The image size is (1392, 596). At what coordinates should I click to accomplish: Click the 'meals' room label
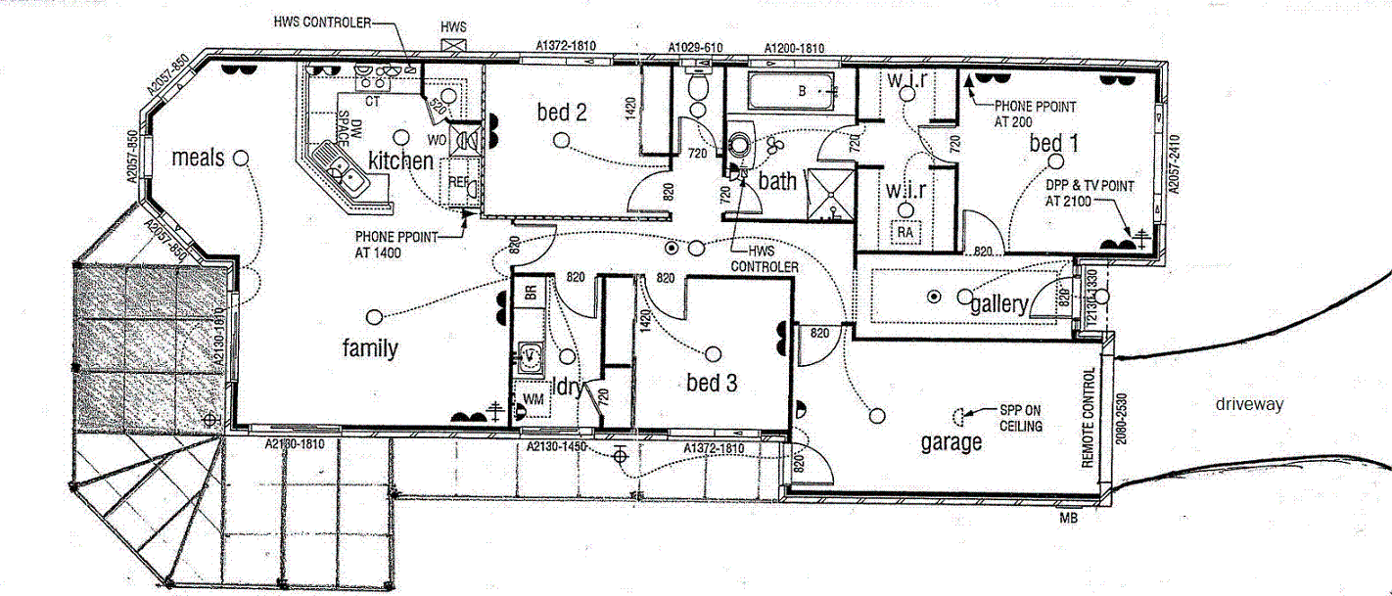[x=198, y=158]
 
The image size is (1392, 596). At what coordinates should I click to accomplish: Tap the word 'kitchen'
[x=400, y=160]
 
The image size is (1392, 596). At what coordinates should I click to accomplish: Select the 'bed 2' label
[x=562, y=113]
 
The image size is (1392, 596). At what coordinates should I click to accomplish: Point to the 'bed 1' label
[x=1053, y=144]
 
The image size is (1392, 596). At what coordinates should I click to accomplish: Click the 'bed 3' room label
[x=712, y=383]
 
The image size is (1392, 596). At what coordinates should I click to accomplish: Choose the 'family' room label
[x=370, y=347]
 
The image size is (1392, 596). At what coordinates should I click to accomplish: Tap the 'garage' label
[x=951, y=442]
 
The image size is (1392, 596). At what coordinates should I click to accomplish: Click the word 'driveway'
[x=1249, y=404]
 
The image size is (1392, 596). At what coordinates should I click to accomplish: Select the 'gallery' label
[x=999, y=304]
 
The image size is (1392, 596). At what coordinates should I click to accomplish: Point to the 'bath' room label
[x=777, y=181]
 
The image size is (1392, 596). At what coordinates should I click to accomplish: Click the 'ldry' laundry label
[x=568, y=387]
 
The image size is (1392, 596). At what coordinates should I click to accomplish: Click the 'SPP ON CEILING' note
[x=1021, y=419]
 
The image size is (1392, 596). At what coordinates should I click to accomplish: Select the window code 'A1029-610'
[x=695, y=47]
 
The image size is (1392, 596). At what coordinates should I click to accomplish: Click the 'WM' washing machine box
[x=534, y=399]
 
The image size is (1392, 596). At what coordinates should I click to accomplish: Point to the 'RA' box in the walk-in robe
[x=906, y=232]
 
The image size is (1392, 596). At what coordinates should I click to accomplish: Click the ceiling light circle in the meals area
[x=240, y=158]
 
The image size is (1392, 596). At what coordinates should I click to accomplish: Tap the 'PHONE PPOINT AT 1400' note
[x=393, y=245]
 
